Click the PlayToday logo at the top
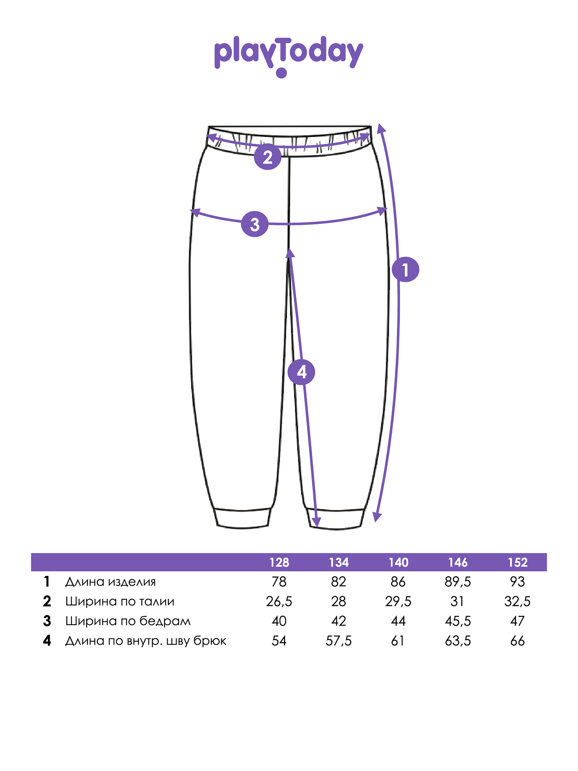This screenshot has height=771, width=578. pyautogui.click(x=289, y=56)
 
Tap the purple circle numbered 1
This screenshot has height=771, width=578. pyautogui.click(x=405, y=269)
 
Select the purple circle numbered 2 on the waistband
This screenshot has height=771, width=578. pyautogui.click(x=267, y=157)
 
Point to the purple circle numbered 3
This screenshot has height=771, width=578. pyautogui.click(x=255, y=224)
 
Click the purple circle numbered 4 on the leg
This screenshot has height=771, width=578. pyautogui.click(x=301, y=372)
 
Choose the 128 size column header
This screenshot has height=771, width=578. pyautogui.click(x=279, y=562)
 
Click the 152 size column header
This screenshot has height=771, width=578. pyautogui.click(x=518, y=562)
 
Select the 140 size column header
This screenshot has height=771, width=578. pyautogui.click(x=398, y=562)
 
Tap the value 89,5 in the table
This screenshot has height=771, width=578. pyautogui.click(x=458, y=582)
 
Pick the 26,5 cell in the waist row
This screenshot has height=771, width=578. pyautogui.click(x=279, y=601)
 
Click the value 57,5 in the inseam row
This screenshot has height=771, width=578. pyautogui.click(x=339, y=641)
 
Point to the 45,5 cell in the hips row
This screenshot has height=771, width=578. pyautogui.click(x=458, y=621)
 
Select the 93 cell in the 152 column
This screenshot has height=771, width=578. pyautogui.click(x=518, y=582)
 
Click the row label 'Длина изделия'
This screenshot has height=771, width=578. pyautogui.click(x=111, y=582)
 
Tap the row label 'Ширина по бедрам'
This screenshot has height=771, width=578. pyautogui.click(x=128, y=621)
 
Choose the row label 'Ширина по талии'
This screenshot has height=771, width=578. pyautogui.click(x=120, y=601)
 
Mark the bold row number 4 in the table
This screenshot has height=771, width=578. pyautogui.click(x=47, y=641)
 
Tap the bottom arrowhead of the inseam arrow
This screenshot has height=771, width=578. pyautogui.click(x=316, y=522)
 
